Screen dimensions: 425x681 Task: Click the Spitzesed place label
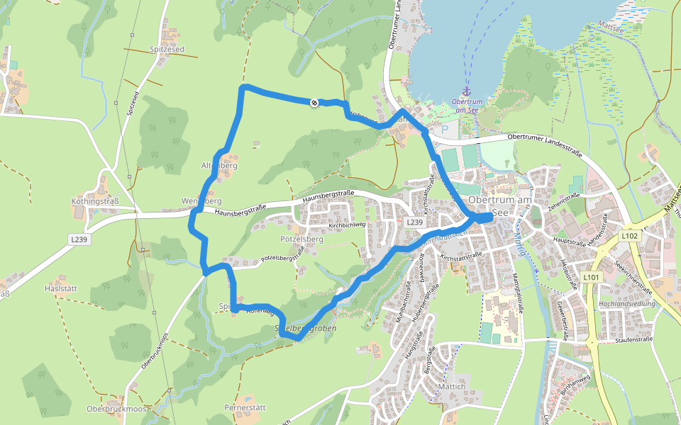click(167, 50)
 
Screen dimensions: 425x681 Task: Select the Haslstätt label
click(60, 289)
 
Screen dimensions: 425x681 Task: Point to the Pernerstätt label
click(244, 408)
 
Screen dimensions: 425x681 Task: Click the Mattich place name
click(451, 387)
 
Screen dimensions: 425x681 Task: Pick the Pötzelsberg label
click(301, 240)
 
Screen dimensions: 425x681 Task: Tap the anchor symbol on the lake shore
click(467, 91)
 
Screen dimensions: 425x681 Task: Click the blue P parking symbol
click(445, 130)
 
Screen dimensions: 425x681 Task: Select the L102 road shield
click(629, 235)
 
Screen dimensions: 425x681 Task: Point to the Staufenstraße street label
click(634, 340)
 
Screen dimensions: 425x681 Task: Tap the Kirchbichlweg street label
click(347, 225)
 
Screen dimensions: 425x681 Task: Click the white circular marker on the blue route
click(314, 103)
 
